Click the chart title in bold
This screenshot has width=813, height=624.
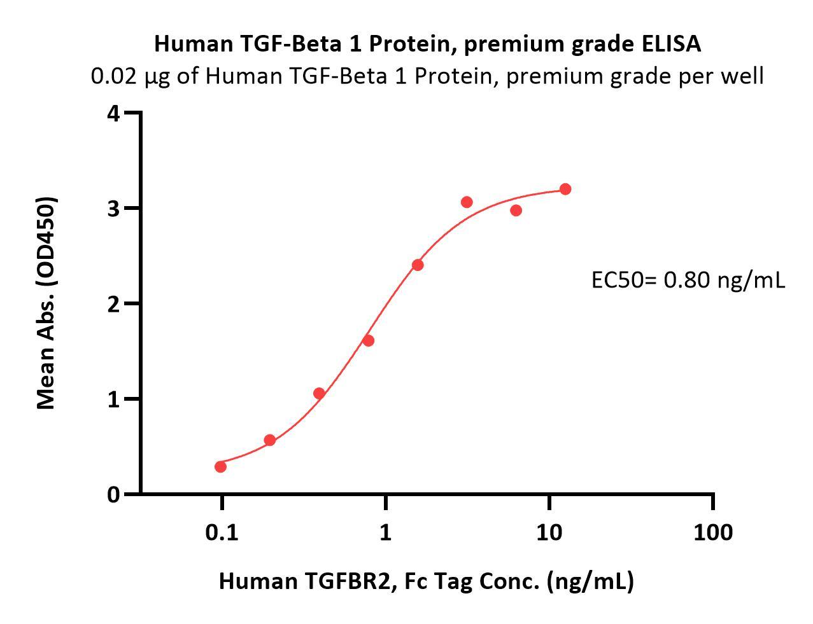pyautogui.click(x=427, y=44)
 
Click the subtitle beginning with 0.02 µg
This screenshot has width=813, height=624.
pyautogui.click(x=427, y=76)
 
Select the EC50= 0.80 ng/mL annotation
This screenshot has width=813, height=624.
pyautogui.click(x=688, y=279)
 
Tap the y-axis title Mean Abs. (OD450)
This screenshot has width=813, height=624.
pyautogui.click(x=46, y=303)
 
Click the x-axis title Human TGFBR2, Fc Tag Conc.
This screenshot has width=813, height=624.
pyautogui.click(x=426, y=581)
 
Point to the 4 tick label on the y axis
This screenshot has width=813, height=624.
pyautogui.click(x=113, y=114)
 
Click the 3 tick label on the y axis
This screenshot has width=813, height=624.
pyautogui.click(x=113, y=209)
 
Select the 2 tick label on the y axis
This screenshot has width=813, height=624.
pyautogui.click(x=113, y=304)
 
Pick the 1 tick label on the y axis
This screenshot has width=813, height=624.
pyautogui.click(x=113, y=399)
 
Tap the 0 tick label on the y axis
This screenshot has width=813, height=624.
pyautogui.click(x=113, y=494)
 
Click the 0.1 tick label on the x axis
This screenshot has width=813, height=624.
pyautogui.click(x=222, y=532)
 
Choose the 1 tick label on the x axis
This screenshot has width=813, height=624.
pyautogui.click(x=385, y=532)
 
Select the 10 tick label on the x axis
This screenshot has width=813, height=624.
pyautogui.click(x=549, y=532)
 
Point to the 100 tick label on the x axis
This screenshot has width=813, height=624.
pyautogui.click(x=712, y=532)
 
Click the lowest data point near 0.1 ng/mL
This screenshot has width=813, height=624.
pyautogui.click(x=220, y=467)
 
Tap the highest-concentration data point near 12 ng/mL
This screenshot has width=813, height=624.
pyautogui.click(x=565, y=189)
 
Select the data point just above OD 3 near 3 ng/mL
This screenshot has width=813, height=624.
pyautogui.click(x=467, y=202)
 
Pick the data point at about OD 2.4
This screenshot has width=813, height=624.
pyautogui.click(x=418, y=265)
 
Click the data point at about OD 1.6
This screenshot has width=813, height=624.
pyautogui.click(x=368, y=340)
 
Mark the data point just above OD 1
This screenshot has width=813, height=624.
pyautogui.click(x=319, y=393)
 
